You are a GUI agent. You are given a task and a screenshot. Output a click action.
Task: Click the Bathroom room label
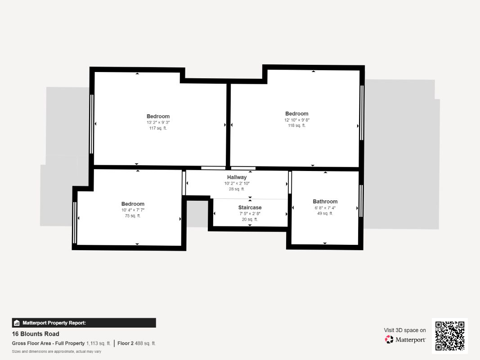point(325,202)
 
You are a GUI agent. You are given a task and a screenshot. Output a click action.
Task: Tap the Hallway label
point(237,177)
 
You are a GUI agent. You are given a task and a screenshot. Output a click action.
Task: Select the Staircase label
point(250,207)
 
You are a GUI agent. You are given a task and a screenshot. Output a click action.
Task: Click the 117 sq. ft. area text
point(158,128)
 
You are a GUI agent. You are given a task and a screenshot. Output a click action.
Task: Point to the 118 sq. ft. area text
point(296,126)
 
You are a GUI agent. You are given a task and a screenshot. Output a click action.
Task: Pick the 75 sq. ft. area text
point(133,216)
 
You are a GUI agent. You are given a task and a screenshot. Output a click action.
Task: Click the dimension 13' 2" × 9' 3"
point(158,122)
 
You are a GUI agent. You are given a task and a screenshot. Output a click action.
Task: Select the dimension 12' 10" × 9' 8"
point(296,120)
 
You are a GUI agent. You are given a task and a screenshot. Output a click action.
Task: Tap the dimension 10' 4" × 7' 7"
point(133,210)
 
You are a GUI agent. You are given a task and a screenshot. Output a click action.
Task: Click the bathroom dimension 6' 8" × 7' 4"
point(325,208)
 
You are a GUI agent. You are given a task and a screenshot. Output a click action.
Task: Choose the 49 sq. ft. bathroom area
point(325,213)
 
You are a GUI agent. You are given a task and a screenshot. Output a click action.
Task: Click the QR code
point(450,336)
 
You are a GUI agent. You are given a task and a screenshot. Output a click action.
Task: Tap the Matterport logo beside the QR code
point(405,340)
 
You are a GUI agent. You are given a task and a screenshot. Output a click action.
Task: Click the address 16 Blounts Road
point(36,334)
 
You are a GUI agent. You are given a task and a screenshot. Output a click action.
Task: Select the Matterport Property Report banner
point(84,323)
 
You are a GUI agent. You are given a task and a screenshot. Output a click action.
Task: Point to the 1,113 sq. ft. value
point(99,343)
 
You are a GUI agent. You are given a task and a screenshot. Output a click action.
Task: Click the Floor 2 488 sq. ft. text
point(137,343)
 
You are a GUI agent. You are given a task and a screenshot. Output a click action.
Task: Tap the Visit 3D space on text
point(405,330)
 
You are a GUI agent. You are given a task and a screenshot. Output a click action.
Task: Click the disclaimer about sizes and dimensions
point(56,351)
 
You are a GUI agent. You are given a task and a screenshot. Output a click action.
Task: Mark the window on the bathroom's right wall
point(361,201)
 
